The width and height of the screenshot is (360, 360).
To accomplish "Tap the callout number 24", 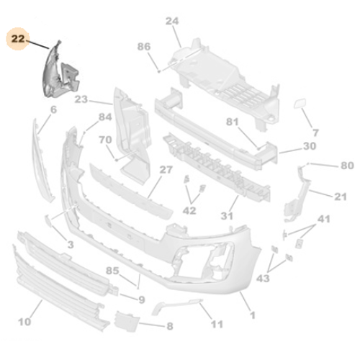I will [172, 21].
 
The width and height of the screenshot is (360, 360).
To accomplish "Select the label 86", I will [144, 47].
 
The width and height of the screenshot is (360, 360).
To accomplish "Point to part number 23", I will [81, 99].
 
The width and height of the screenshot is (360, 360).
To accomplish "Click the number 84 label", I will [105, 117].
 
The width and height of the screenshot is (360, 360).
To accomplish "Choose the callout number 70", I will [104, 140].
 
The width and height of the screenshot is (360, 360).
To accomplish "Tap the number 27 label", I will [166, 170].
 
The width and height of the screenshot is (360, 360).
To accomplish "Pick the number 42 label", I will [189, 211].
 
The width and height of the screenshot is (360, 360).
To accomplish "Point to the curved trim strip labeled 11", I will [173, 305].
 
